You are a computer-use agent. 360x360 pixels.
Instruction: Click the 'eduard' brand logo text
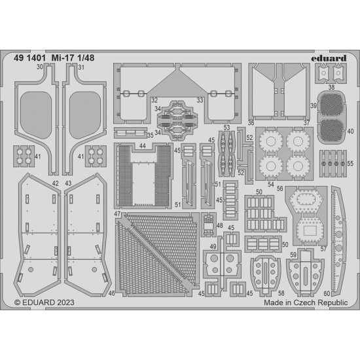[329, 58]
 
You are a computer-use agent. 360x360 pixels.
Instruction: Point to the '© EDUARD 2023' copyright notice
[45, 302]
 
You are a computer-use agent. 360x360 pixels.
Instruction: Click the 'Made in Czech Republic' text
[306, 302]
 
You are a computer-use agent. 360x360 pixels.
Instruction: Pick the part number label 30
[40, 67]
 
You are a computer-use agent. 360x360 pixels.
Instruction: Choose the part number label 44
[142, 146]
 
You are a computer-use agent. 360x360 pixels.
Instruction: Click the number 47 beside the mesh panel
[117, 214]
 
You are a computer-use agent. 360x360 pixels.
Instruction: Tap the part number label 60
[327, 293]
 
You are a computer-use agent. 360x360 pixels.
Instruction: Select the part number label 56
[279, 189]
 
